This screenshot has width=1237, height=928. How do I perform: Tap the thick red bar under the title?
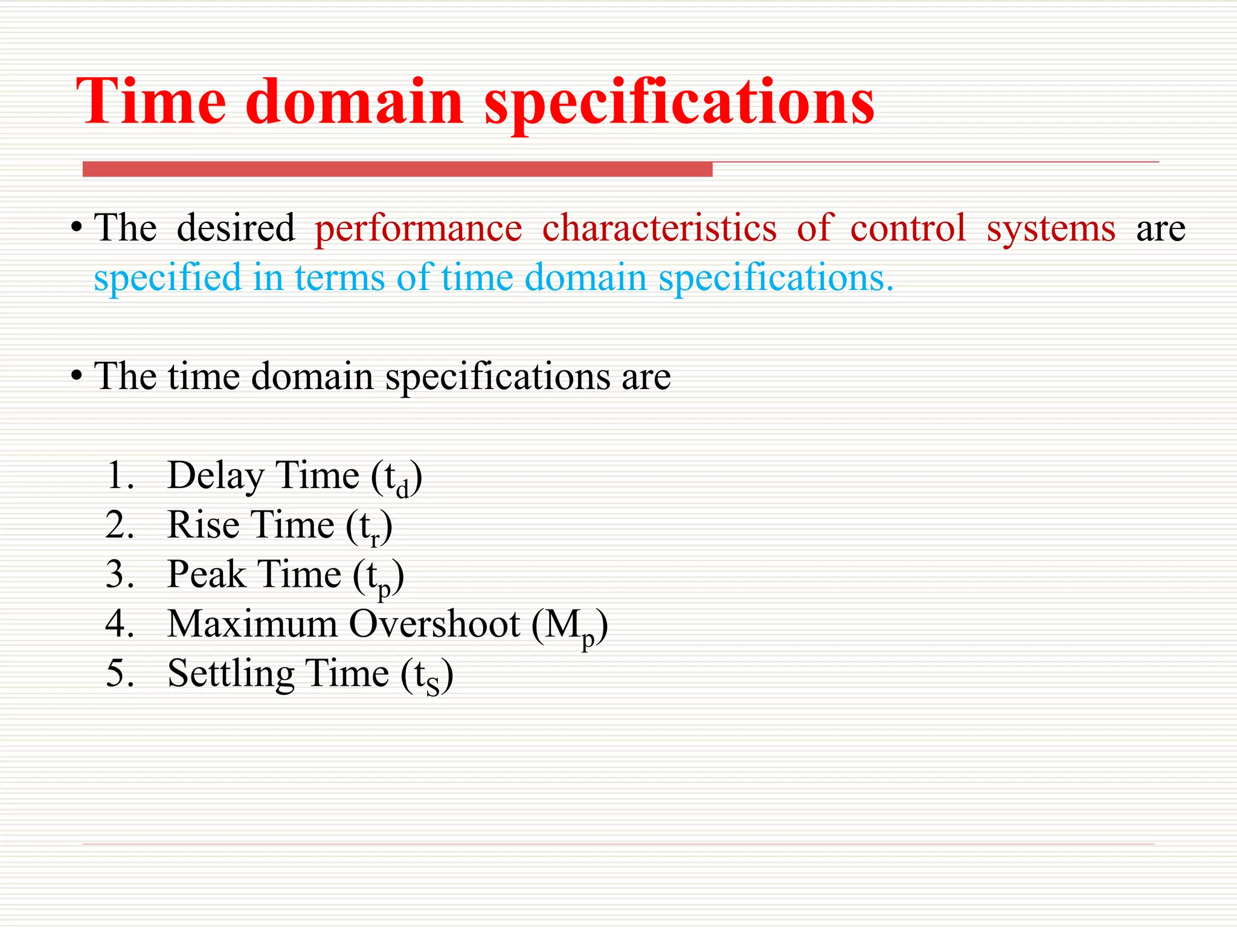coord(397,169)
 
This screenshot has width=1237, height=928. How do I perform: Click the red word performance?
coord(418,230)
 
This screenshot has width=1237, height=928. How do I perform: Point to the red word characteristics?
coord(659,228)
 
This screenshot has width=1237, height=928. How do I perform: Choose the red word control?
coord(908,228)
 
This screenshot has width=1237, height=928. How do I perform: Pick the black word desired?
coord(236,228)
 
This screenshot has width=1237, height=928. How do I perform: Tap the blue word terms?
coord(339,279)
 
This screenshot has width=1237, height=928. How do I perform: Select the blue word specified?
coord(167,279)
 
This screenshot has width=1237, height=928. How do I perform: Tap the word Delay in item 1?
coord(215,476)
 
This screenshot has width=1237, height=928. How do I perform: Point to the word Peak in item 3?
coord(206,574)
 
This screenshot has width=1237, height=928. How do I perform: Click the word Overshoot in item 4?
coord(434,623)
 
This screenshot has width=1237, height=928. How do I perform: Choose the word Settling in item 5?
coord(230,674)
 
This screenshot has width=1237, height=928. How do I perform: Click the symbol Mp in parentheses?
coord(569,627)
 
